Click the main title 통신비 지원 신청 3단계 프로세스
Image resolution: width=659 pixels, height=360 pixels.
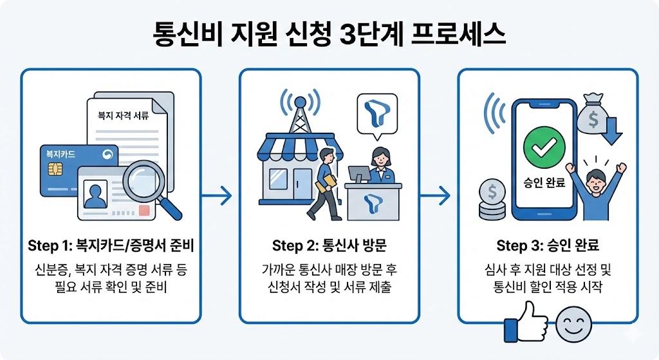coord(329,33)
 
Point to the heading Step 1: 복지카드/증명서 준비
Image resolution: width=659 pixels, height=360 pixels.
coord(111,245)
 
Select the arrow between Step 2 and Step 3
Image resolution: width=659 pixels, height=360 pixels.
coord(438,194)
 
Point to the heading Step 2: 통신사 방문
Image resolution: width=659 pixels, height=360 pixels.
coord(329,245)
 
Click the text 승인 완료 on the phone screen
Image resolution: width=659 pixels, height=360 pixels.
coord(544,183)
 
